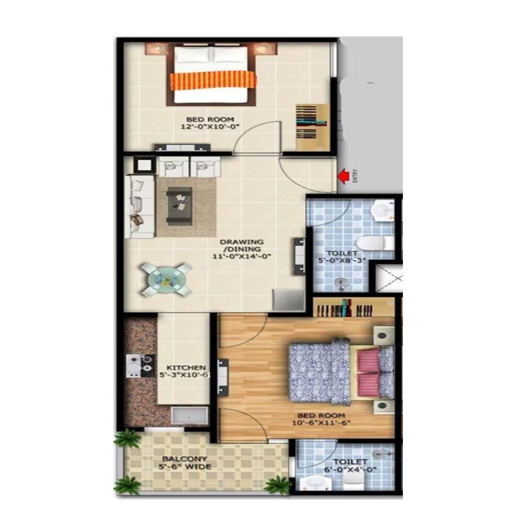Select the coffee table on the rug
coord(180,206)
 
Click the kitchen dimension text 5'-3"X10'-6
coord(184,375)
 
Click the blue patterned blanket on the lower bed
coord(318,371)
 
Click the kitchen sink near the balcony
coord(189,416)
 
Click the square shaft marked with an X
coord(386,278)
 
